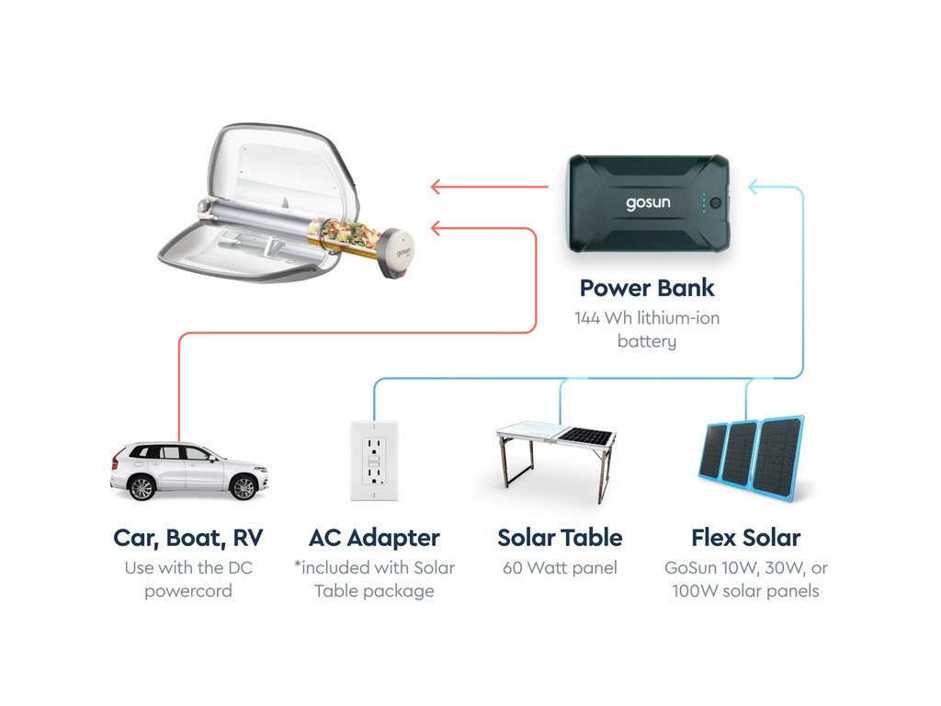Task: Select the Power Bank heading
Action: pos(647,288)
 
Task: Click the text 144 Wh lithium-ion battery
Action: pos(647,330)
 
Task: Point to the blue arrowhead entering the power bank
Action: pos(754,188)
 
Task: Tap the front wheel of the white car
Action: pos(243,487)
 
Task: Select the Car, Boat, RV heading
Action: pos(188,538)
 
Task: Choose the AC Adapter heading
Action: pos(374,538)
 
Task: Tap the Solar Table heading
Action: pos(560,538)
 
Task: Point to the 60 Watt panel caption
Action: pos(560,568)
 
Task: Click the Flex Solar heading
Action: pos(745,538)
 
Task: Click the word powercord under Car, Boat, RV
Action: pos(188,590)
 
